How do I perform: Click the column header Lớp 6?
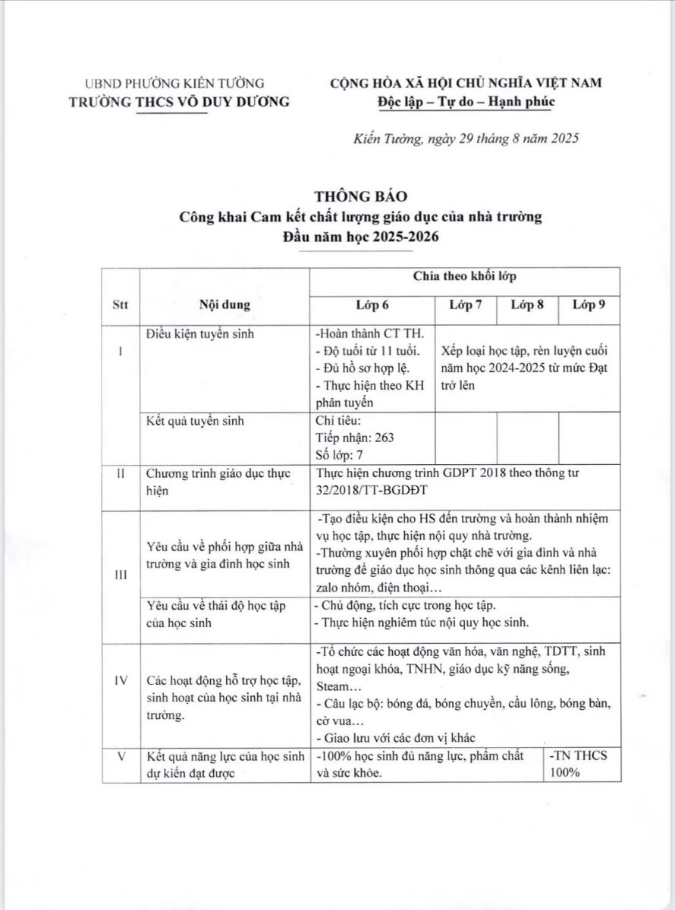pos(372,305)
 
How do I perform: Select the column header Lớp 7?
pos(465,305)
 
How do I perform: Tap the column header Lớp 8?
pos(527,305)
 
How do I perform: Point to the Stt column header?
pos(120,305)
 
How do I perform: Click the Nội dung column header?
pos(224,305)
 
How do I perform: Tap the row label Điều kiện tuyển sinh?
pos(200,334)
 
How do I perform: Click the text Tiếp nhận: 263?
pos(354,438)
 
